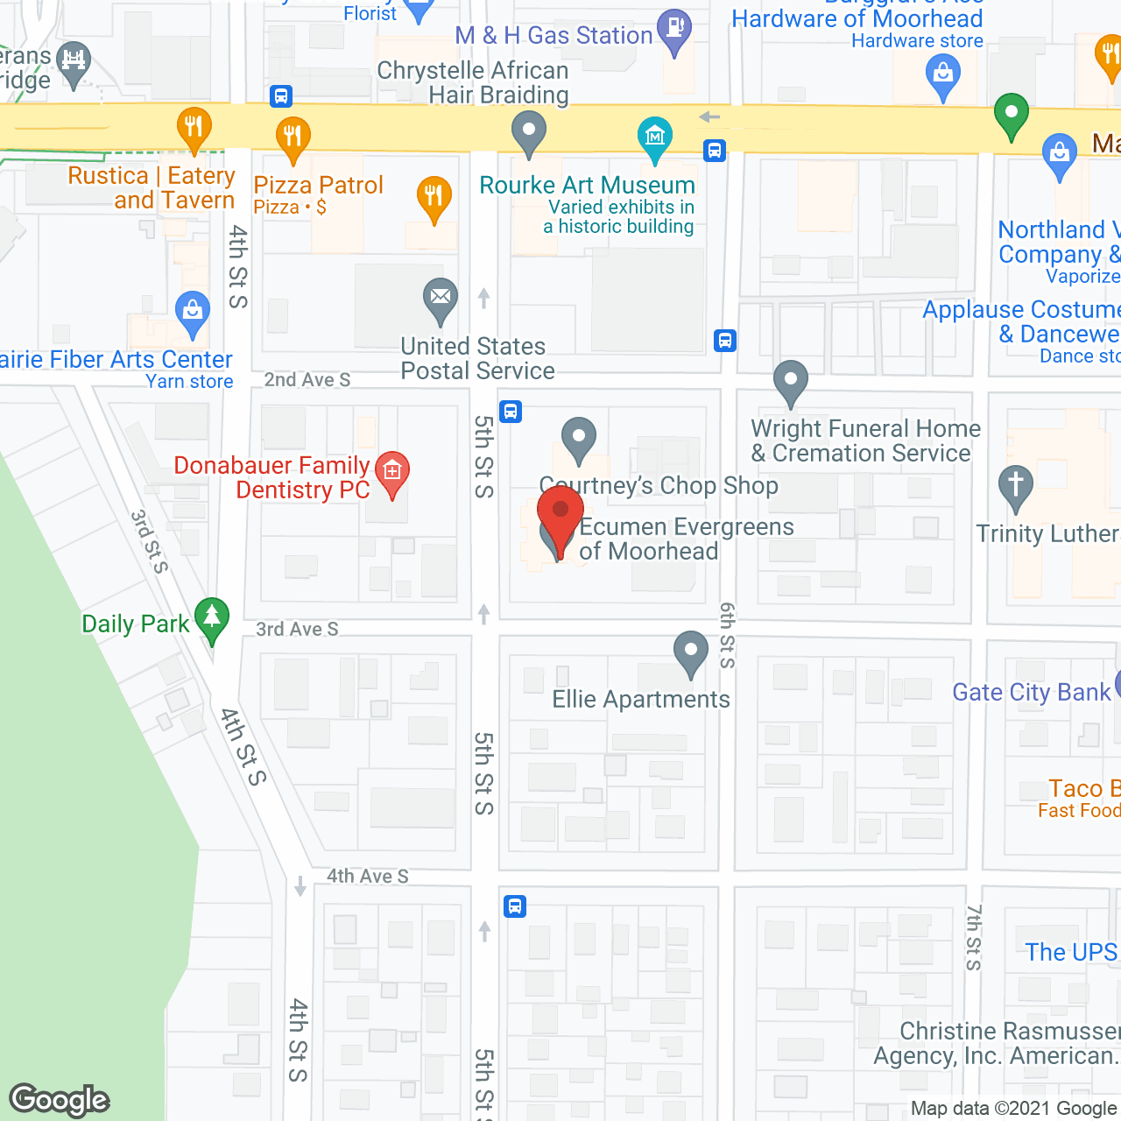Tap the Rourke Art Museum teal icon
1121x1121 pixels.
point(655,137)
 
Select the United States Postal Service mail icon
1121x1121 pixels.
point(441,298)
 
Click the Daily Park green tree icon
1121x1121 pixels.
point(212,617)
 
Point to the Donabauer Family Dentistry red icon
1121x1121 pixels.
point(392,472)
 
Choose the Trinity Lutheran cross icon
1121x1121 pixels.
point(1016,484)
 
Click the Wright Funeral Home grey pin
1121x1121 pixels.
point(791,380)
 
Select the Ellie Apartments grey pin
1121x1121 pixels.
point(691,651)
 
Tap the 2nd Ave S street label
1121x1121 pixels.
point(307,380)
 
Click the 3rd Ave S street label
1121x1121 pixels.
point(297,630)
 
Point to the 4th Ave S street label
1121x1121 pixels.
point(368,876)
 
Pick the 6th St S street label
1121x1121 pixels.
point(727,635)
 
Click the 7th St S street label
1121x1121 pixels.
point(974,937)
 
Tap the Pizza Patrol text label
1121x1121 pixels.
point(319,185)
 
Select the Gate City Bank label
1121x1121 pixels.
point(1031,692)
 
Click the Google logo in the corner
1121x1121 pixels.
point(60,1100)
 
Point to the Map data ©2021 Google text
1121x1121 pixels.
point(1014,1109)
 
